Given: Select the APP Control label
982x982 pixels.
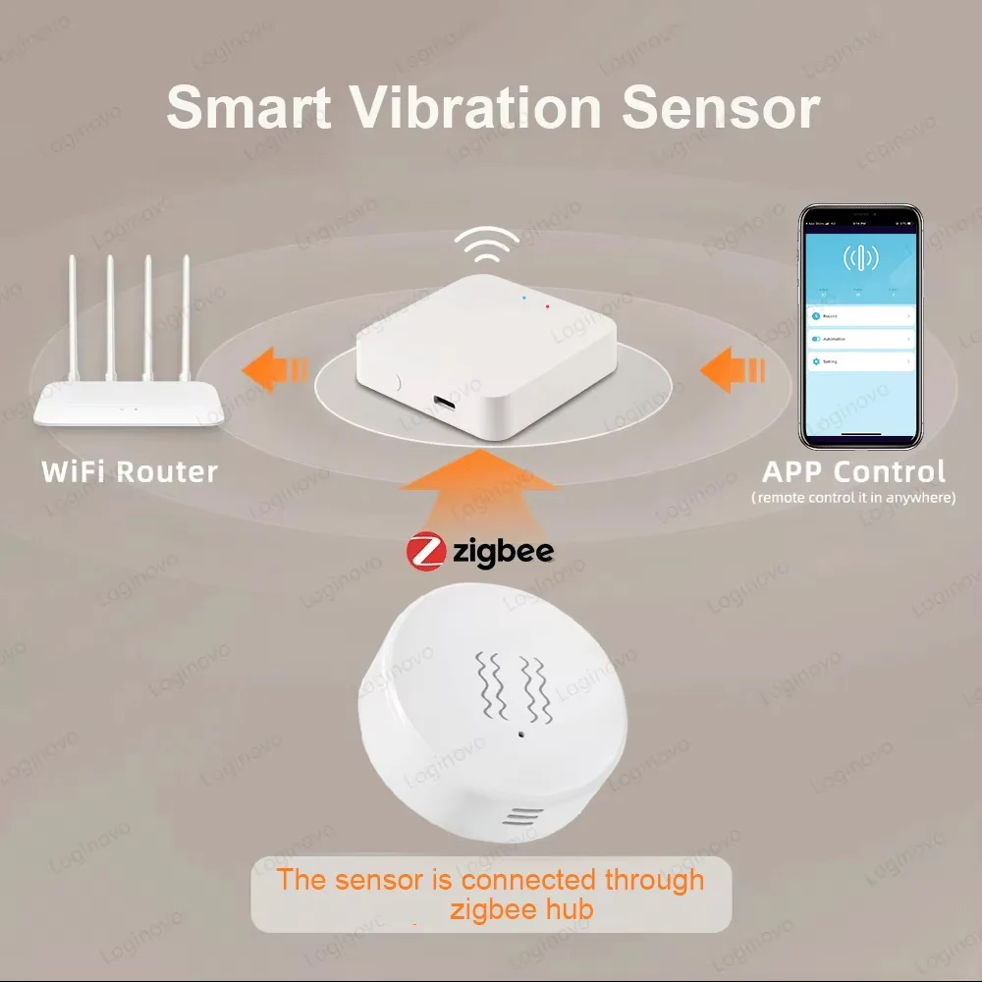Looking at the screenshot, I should [x=854, y=471].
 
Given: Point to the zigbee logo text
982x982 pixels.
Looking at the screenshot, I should [x=503, y=551].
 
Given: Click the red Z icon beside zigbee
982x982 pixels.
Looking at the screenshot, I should [x=427, y=551].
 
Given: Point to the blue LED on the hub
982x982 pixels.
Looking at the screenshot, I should [x=524, y=296].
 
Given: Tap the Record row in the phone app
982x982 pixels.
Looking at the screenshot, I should [x=860, y=316].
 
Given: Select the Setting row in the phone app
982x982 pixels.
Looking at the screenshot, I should [x=860, y=361].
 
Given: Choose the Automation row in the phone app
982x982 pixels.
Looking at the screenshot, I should [x=860, y=339].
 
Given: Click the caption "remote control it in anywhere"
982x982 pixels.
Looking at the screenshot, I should [x=853, y=498].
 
